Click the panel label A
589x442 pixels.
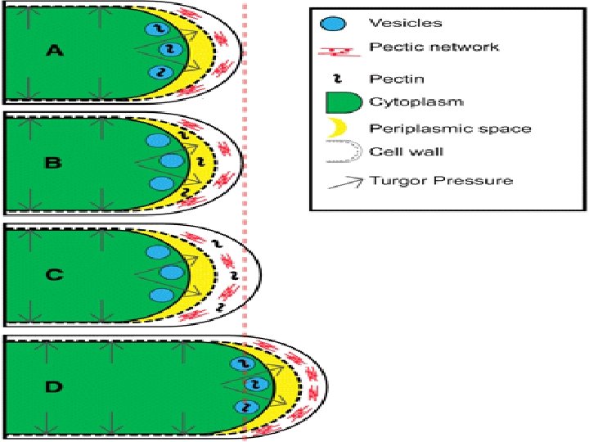coord(55,51)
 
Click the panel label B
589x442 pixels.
coord(53,163)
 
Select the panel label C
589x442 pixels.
coord(53,275)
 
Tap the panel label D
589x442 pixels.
coord(53,386)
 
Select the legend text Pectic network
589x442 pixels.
coord(434,47)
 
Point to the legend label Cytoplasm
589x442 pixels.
coord(416,102)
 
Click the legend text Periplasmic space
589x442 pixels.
coord(450,128)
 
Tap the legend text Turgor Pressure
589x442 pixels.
coord(441,180)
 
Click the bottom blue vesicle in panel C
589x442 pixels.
coord(160,294)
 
